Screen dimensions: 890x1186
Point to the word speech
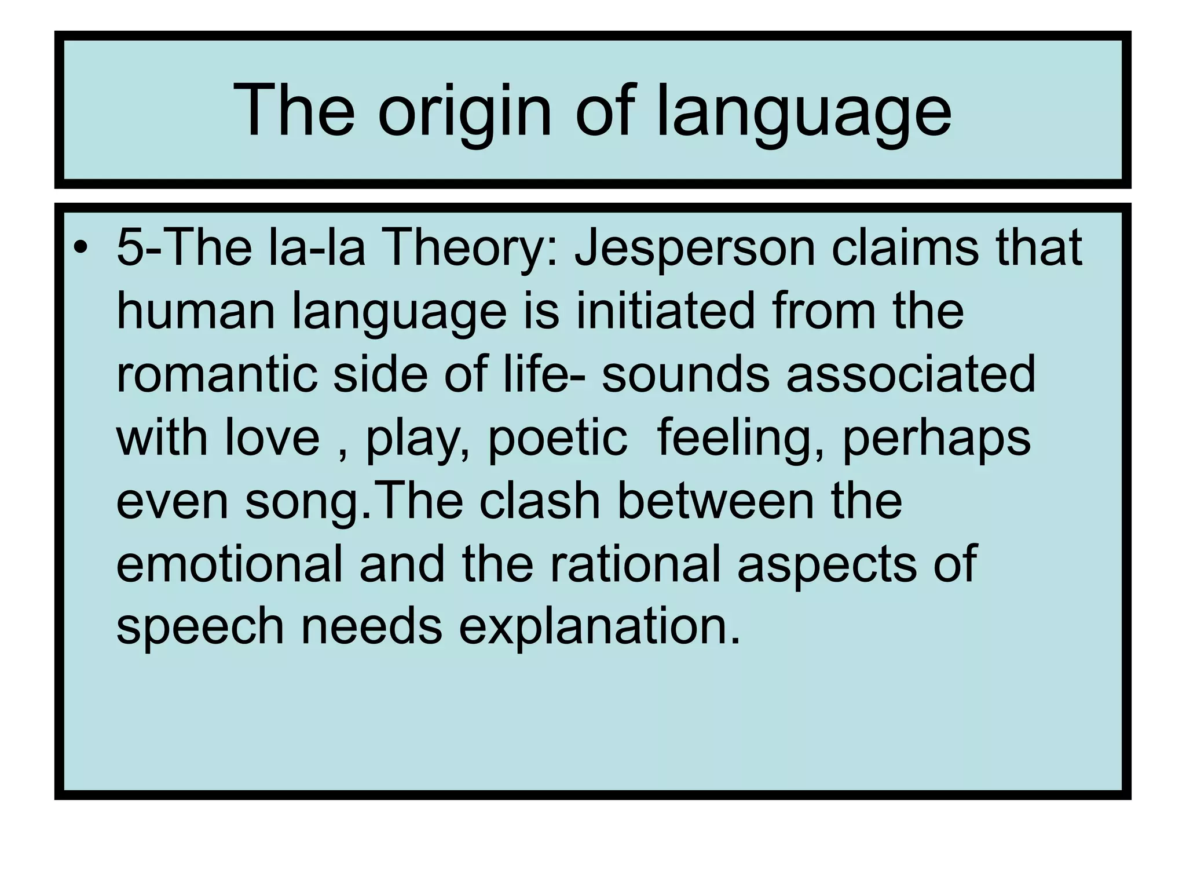tap(200, 627)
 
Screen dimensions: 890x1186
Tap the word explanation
tap(599, 627)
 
